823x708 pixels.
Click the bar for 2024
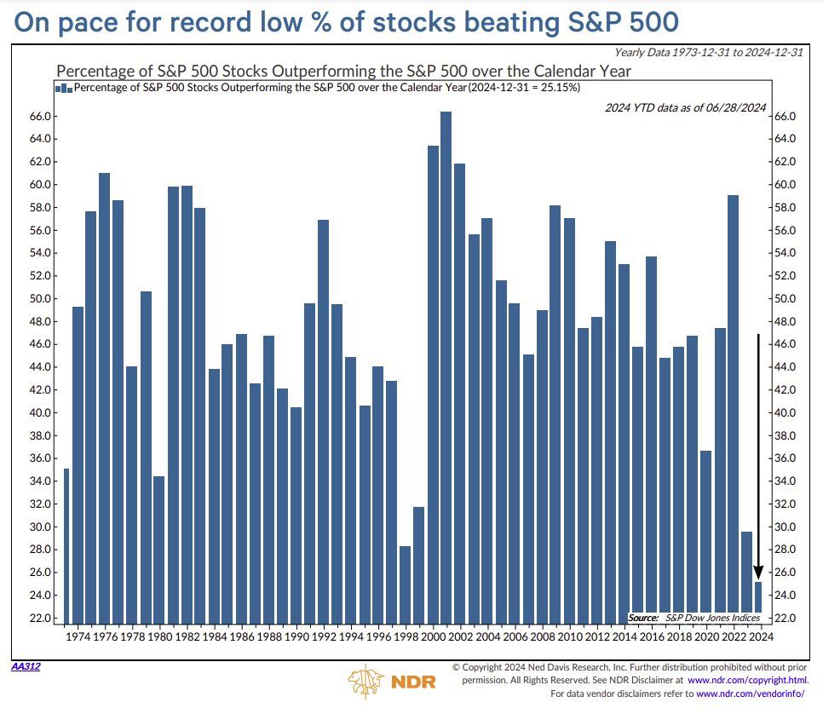[x=758, y=602]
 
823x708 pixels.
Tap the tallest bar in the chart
[x=446, y=366]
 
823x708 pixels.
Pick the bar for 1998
[x=405, y=584]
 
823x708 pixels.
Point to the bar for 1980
[x=158, y=549]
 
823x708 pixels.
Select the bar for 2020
[x=705, y=536]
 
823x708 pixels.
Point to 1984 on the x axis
[x=214, y=636]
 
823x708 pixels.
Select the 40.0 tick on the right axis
[x=783, y=413]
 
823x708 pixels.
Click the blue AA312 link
[x=25, y=665]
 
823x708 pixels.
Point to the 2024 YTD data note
[x=685, y=106]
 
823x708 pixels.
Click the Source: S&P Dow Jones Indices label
[x=695, y=617]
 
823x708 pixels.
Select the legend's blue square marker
[x=62, y=88]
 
